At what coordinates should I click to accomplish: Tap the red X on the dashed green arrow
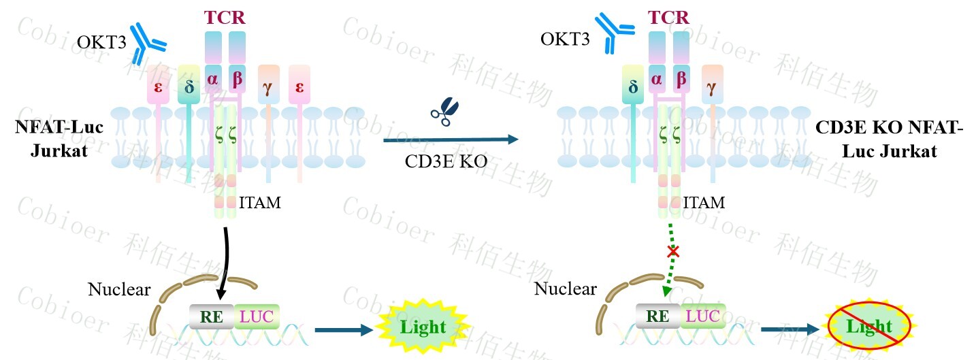673,252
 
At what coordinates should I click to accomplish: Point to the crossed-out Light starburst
869,326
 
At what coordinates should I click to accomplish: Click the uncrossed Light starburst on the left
422,327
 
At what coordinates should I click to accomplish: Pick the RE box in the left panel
212,315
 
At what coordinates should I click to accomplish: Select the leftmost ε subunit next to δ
158,86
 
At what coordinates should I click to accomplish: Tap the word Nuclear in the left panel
119,289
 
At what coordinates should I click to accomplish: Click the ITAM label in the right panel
704,201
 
